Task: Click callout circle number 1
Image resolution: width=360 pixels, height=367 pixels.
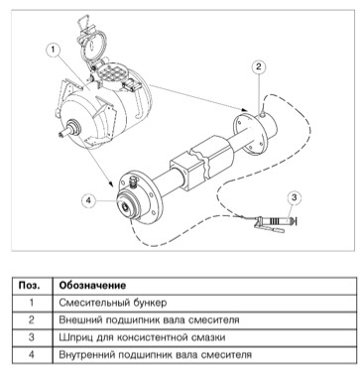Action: (x=54, y=51)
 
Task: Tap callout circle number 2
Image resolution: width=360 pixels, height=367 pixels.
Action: (x=259, y=67)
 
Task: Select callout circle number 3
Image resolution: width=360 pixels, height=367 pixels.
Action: (x=295, y=198)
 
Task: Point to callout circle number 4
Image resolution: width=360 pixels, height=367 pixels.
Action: (x=88, y=200)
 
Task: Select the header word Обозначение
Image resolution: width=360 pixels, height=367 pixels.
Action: (x=92, y=286)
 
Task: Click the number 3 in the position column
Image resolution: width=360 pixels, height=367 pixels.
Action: (x=32, y=337)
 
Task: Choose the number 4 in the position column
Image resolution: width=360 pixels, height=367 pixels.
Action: (x=32, y=355)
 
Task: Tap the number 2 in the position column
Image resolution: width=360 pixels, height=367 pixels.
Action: (x=32, y=320)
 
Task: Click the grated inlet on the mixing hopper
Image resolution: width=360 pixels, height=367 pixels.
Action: (x=113, y=72)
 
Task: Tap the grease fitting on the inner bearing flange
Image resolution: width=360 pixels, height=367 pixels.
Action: (x=133, y=183)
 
